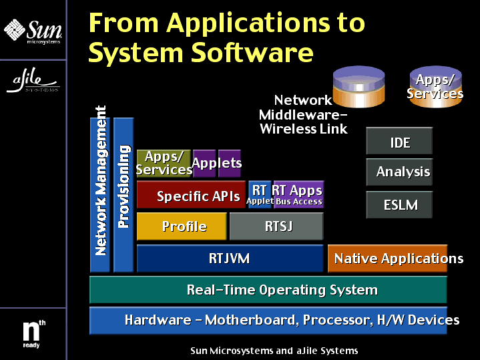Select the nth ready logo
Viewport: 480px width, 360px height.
[33, 333]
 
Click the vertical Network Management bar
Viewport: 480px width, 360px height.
[100, 194]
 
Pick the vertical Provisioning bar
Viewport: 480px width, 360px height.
[124, 194]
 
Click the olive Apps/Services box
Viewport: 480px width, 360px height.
[164, 164]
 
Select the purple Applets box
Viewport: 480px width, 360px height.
[217, 164]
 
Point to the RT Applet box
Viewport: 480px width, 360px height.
[260, 194]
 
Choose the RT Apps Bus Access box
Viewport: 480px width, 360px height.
[298, 194]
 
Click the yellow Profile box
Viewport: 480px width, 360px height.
[182, 226]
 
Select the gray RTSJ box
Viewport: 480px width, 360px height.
[276, 226]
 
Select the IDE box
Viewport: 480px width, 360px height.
[399, 142]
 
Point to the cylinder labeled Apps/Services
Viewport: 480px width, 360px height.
[435, 86]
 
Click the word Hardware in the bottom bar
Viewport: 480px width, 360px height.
[158, 321]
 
